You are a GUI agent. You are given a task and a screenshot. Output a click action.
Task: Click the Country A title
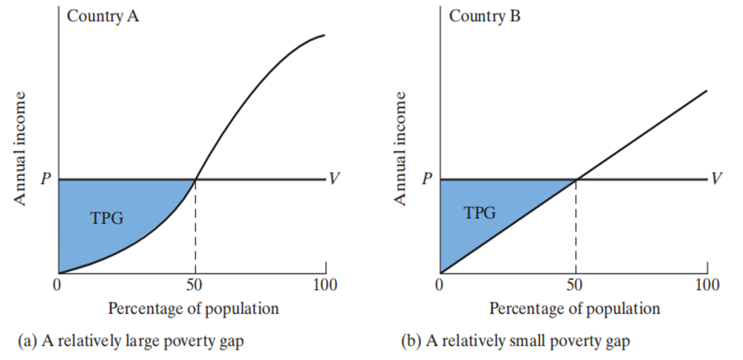[x=103, y=16]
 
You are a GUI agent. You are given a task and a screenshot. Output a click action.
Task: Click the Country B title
[x=484, y=16]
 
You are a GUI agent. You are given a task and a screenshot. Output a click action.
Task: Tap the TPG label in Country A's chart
[x=106, y=218]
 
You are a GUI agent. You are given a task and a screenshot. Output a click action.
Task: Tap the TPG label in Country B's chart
[x=480, y=213]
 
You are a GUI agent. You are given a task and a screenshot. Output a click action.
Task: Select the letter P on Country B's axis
[x=427, y=179]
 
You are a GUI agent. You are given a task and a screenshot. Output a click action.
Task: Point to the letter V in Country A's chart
[x=333, y=179]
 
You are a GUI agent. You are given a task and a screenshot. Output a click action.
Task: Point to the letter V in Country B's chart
[x=716, y=179]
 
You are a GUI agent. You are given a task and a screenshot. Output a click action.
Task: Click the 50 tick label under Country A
[x=194, y=285]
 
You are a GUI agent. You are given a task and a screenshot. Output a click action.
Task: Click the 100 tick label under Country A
[x=325, y=285]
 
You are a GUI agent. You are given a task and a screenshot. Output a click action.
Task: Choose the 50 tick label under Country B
[x=575, y=285]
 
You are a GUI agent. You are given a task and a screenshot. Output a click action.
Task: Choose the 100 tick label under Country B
[x=706, y=285]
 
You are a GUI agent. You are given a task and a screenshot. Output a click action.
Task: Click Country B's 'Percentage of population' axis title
[x=575, y=308]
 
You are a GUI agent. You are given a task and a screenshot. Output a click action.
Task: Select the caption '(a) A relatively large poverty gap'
[x=131, y=341]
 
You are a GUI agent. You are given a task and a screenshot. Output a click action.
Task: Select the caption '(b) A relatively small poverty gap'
[x=515, y=341]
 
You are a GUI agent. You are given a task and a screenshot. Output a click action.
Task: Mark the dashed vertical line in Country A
[x=195, y=227]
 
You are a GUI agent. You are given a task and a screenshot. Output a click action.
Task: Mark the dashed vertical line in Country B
[x=576, y=227]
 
